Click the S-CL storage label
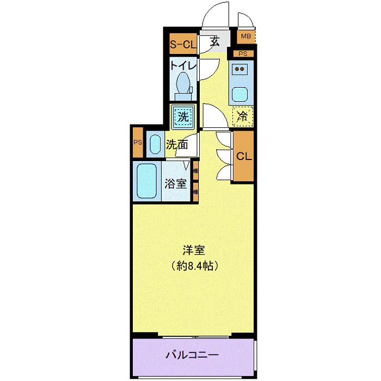coord(183,44)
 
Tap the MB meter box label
coord(245,36)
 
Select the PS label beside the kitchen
coord(243,53)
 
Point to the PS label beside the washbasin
coord(138,142)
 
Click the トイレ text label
coord(183,66)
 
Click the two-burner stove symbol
coord(239,69)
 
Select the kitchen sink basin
coord(239,94)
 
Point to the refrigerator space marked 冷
coord(243,116)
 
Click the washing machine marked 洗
coord(183,116)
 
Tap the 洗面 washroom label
coord(177,145)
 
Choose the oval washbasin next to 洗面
coord(155,144)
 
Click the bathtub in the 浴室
coord(146,181)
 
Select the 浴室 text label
coord(176,184)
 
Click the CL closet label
coord(244,156)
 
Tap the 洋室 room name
coord(194,250)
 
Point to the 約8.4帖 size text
coord(194,266)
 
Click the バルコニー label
coord(192,355)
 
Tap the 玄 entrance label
coord(215,41)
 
